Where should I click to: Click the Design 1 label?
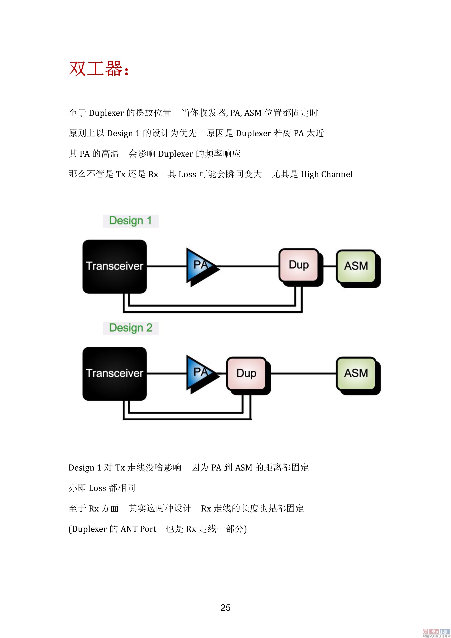point(131,221)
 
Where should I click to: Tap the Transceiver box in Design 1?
point(114,266)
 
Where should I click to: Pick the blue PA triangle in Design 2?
point(199,373)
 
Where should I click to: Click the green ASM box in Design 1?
point(356,266)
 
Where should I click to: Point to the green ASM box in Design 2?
point(356,373)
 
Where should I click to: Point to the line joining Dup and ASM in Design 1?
point(330,266)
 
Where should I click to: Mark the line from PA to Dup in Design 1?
point(249,266)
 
